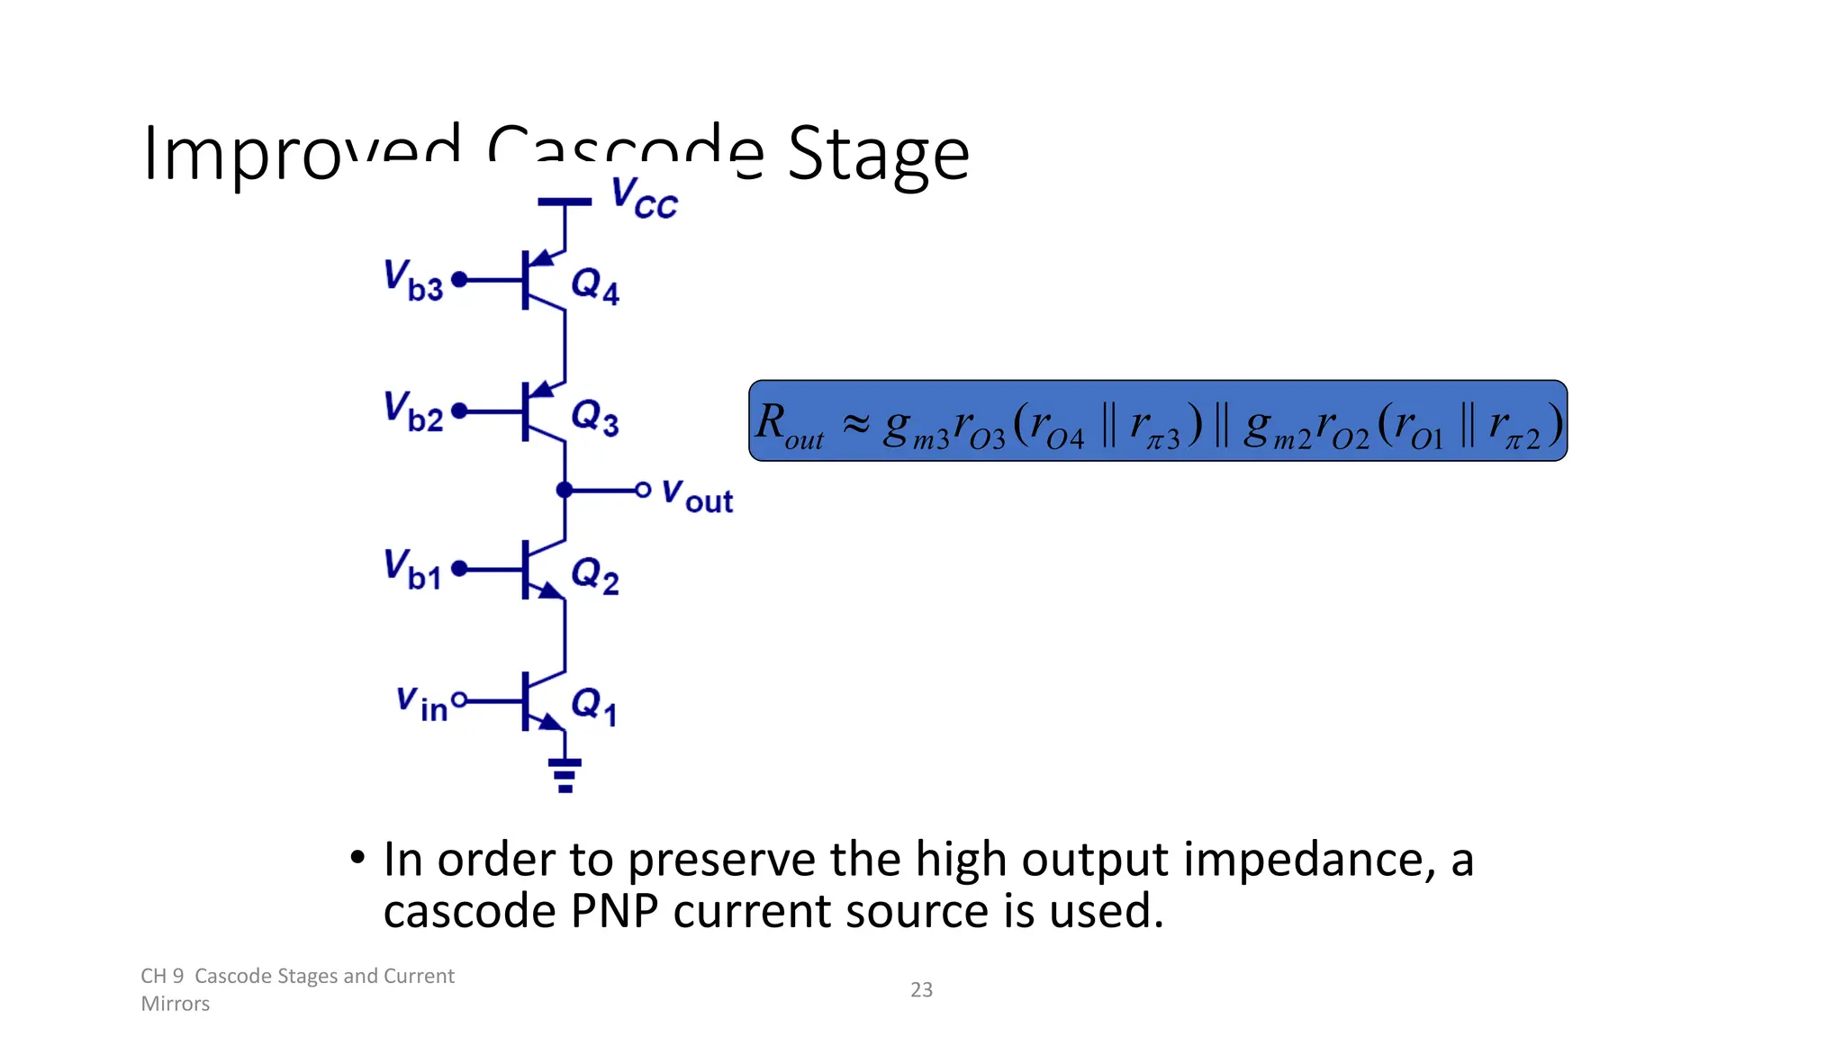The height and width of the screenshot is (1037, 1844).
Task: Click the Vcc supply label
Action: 643,198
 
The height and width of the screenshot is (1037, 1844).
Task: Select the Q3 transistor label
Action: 595,418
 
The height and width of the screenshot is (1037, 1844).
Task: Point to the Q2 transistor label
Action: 595,575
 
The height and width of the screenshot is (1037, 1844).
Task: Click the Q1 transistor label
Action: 594,706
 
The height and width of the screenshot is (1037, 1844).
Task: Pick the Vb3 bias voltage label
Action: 413,280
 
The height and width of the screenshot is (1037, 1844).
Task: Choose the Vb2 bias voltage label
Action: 413,411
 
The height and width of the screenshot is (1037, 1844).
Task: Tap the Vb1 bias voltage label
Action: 412,569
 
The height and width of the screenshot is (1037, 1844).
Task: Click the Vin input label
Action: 421,703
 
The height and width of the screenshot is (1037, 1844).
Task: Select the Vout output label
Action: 697,495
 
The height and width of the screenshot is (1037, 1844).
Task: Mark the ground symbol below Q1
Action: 565,774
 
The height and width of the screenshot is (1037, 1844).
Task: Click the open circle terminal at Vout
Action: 643,491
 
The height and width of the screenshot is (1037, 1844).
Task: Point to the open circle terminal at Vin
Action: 459,699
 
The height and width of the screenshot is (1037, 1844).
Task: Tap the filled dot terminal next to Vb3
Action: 459,280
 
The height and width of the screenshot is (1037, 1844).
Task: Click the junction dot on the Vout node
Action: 565,491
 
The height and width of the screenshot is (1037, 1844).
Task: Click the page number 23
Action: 921,989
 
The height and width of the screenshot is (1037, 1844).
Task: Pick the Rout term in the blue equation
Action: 790,425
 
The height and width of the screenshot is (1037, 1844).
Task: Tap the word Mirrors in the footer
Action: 176,1004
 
